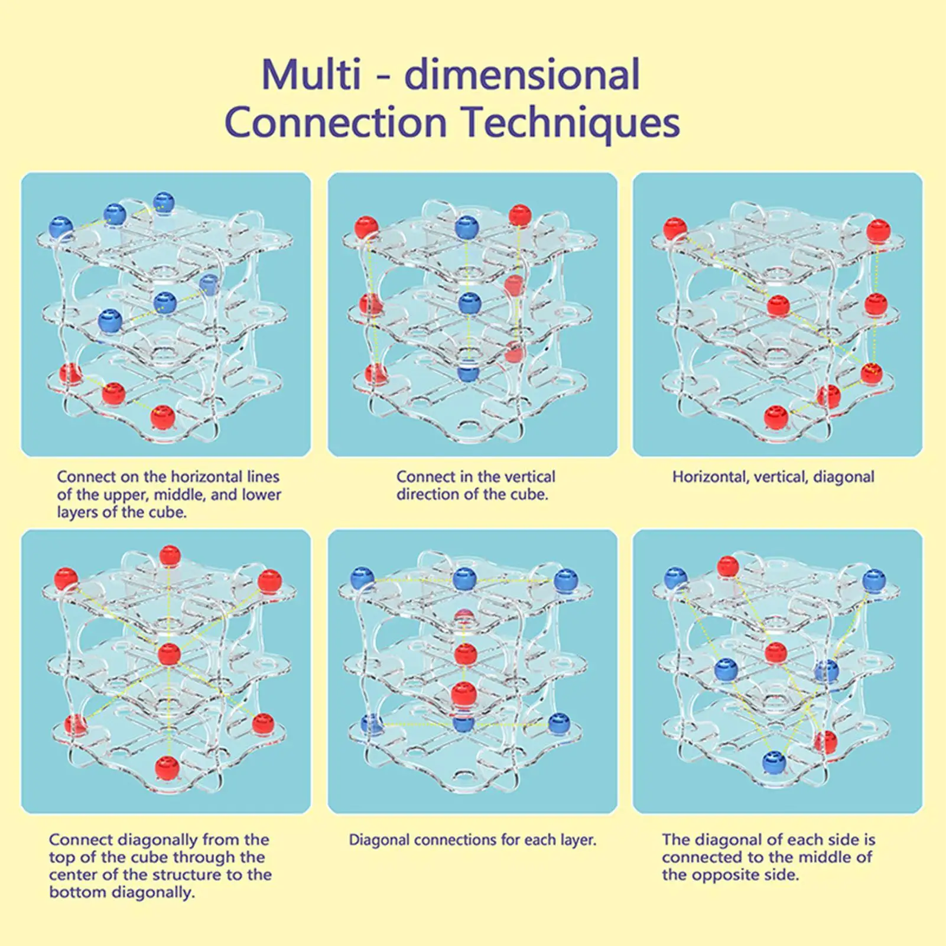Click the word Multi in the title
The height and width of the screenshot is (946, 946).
tap(311, 75)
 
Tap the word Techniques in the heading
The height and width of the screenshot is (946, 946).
tap(570, 123)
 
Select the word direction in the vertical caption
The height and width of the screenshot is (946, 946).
tap(428, 495)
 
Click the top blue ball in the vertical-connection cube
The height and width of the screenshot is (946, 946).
tap(467, 227)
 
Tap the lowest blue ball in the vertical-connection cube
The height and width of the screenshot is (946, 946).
tap(467, 372)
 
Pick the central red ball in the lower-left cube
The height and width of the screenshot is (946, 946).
tap(169, 654)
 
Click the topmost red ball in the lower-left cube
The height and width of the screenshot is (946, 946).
tap(170, 555)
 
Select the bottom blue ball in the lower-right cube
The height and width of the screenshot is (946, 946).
tap(774, 762)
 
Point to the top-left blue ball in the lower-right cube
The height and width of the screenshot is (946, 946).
tap(675, 578)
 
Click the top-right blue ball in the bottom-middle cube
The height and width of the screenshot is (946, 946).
tap(565, 579)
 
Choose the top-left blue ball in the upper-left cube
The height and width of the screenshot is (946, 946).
tap(61, 226)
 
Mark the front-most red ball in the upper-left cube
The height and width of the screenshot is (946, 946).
tap(162, 417)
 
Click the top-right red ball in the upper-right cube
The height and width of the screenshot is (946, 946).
tap(878, 230)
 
